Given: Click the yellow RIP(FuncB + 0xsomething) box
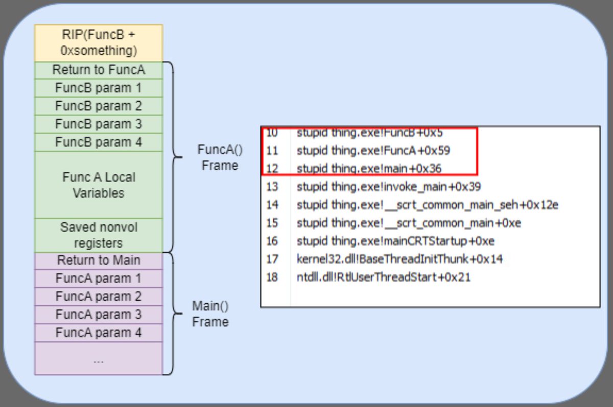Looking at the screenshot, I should tap(99, 43).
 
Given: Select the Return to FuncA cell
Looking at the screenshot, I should tap(99, 70).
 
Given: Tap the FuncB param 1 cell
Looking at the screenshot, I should tap(99, 88).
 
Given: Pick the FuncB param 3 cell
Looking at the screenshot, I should tap(99, 124).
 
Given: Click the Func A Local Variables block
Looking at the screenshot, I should tap(99, 185).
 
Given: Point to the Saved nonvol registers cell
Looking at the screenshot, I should tap(99, 234).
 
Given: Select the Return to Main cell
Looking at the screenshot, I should tap(99, 260).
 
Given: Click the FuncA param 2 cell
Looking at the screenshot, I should tap(99, 297).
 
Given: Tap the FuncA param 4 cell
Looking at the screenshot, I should tap(99, 333).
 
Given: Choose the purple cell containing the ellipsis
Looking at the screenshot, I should tap(99, 359).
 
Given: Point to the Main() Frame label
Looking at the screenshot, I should tap(210, 313).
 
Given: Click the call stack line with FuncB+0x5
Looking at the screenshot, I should tap(369, 133).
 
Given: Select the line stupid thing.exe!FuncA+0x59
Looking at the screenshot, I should tap(373, 151).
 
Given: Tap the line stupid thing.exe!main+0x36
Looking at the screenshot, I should tap(369, 168).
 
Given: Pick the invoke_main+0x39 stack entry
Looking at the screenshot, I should tap(388, 187).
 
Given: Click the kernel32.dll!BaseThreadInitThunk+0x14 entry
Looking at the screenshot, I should tap(399, 259).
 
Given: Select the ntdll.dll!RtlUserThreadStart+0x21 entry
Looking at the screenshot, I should tap(383, 278).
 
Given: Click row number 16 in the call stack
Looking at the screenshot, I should tap(272, 241).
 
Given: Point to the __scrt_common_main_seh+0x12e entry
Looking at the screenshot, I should tap(427, 205).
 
